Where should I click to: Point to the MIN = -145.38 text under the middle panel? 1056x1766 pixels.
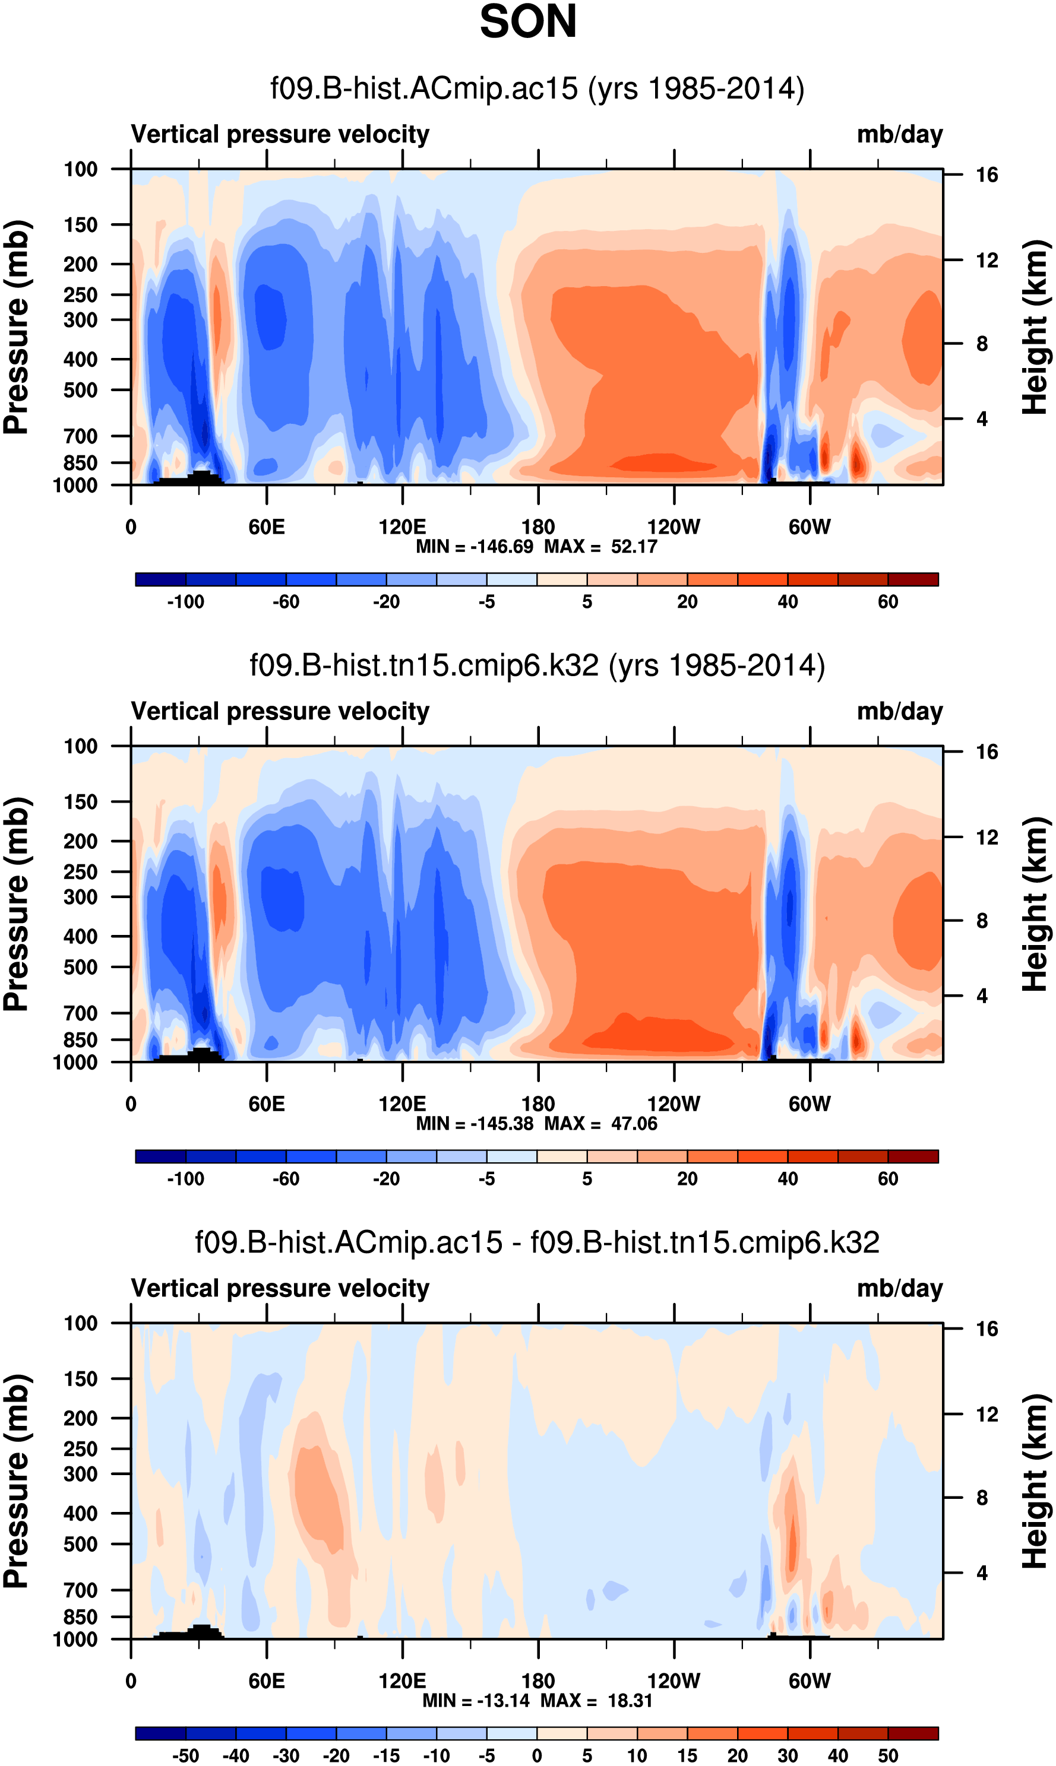(x=475, y=1124)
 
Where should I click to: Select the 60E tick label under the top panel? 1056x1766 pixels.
(x=267, y=527)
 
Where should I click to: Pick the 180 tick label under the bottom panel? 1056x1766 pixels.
(x=538, y=1681)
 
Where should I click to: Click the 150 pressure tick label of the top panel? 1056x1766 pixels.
(x=80, y=226)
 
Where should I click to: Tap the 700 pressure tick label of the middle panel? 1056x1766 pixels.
(x=80, y=1013)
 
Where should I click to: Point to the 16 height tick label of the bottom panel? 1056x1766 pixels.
(x=987, y=1329)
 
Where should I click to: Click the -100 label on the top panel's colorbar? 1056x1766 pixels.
(x=186, y=602)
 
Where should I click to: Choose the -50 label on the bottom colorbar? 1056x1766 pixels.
(x=186, y=1755)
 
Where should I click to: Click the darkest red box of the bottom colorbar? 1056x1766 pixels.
(x=913, y=1733)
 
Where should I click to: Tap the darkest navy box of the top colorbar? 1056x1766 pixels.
(x=161, y=579)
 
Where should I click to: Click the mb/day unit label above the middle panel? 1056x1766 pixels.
(x=899, y=711)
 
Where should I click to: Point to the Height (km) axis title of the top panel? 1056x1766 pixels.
(x=1035, y=327)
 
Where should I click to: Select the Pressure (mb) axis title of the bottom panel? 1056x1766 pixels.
(x=15, y=1482)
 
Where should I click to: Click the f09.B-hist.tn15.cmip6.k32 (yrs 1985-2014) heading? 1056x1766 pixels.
(x=538, y=665)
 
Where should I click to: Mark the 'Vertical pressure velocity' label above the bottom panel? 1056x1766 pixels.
(x=280, y=1288)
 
